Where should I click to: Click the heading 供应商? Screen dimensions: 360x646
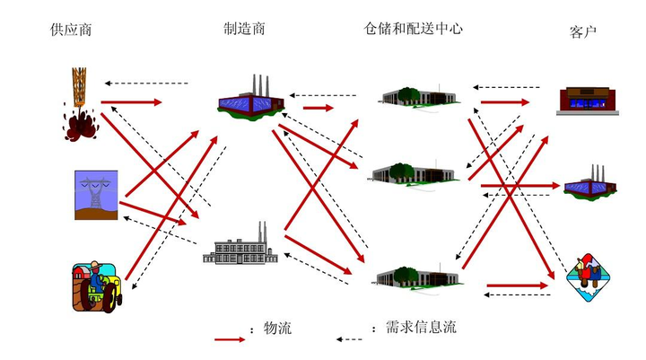coord(71,31)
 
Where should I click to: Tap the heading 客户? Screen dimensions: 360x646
coord(583,32)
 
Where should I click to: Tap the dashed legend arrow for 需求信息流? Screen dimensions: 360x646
coord(354,339)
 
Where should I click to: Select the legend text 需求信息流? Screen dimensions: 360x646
coord(421,327)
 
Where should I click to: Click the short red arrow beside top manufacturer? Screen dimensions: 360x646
coord(318,109)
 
